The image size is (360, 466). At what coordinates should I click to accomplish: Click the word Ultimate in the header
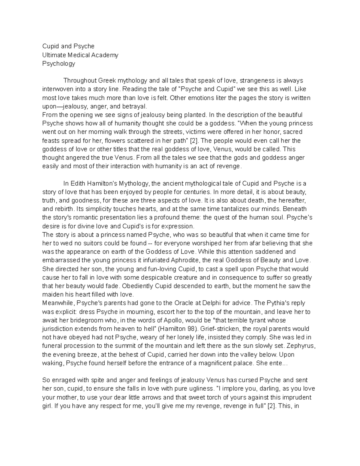coord(53,55)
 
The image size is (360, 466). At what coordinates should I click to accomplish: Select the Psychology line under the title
coord(58,64)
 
